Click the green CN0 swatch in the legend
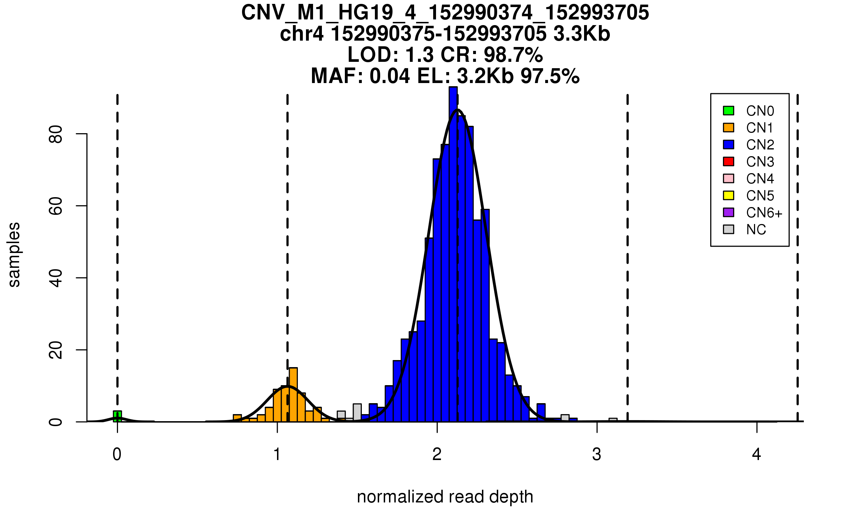click(728, 111)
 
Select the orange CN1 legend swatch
click(728, 128)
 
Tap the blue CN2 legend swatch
click(728, 145)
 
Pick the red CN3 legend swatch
click(728, 161)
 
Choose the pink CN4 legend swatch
click(728, 178)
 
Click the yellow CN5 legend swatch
click(728, 195)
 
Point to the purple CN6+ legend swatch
click(728, 212)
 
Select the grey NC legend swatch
click(728, 229)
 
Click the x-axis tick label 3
click(597, 454)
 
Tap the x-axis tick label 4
click(756, 454)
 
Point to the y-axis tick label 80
click(56, 134)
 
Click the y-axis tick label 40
click(56, 278)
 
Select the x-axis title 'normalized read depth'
click(445, 497)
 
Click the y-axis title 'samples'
click(14, 254)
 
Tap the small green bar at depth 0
click(117, 416)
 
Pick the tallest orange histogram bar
click(293, 394)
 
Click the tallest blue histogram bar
click(453, 254)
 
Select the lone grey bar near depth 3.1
click(613, 420)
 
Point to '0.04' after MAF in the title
click(390, 76)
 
